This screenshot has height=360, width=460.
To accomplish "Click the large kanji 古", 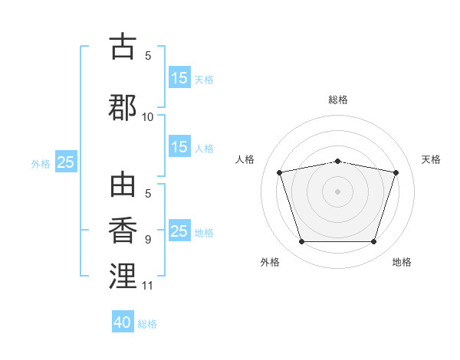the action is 123,46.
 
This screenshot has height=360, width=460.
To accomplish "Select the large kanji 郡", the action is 123,107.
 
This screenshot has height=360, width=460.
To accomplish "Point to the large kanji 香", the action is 123,230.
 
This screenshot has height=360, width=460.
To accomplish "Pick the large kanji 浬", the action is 123,276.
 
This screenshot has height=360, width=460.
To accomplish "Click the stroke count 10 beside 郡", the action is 147,117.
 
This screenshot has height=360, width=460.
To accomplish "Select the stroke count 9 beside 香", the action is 148,240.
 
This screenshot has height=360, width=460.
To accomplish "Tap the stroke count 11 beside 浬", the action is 147,286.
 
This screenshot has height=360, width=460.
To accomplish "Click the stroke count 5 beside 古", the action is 148,56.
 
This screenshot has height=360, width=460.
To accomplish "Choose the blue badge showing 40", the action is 123,321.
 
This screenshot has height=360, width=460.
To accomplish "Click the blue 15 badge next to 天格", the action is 180,77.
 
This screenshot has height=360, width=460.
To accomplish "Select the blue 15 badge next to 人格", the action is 180,146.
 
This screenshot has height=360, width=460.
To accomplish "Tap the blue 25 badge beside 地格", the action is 180,230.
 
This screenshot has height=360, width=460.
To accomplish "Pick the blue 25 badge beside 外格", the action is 66,162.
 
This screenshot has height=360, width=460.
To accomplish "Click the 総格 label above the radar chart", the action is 338,100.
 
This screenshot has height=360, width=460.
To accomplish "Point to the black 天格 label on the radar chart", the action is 431,159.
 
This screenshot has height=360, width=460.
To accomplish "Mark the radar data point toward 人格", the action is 280,172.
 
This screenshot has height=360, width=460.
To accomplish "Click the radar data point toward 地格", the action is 374,242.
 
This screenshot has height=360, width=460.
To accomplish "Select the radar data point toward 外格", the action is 302,242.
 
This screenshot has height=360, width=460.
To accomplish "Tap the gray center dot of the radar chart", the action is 337,191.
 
